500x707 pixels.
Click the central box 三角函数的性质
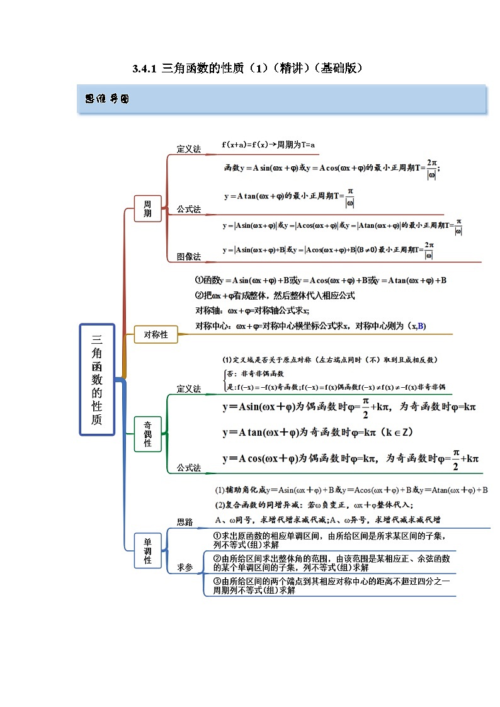point(97,379)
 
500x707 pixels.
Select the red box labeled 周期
point(147,208)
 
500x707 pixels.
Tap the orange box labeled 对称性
point(156,334)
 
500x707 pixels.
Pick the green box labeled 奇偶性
point(147,434)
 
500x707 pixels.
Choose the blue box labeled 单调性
point(147,551)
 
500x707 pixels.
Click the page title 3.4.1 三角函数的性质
point(247,68)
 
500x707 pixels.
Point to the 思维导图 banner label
point(106,99)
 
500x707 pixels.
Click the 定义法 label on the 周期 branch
point(188,149)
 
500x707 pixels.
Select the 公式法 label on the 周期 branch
point(188,209)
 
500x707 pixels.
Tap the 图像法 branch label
point(188,256)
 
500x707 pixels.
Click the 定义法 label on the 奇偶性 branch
point(188,389)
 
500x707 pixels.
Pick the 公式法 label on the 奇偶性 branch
point(188,468)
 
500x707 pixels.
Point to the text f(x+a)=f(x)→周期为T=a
point(268,145)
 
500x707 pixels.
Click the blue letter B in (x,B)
point(421,325)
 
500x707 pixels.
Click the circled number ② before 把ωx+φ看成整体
point(199,295)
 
